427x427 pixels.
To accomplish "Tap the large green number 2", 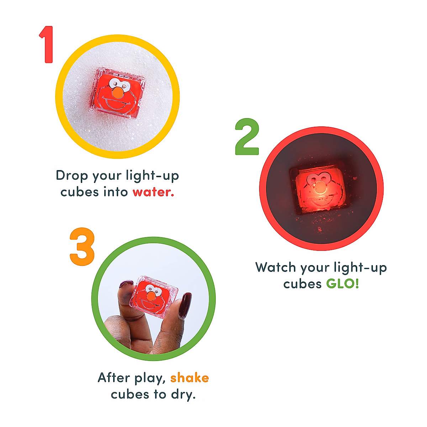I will click(x=247, y=137).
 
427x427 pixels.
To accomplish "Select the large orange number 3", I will click(x=82, y=247).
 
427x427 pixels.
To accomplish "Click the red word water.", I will click(x=153, y=192).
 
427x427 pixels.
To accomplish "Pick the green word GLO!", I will click(x=343, y=284).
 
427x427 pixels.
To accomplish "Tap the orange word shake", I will click(x=189, y=378).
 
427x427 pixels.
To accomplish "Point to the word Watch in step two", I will click(x=275, y=267).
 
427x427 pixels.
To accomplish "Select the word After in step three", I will click(x=114, y=378).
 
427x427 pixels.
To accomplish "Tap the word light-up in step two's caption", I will click(x=360, y=268).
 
